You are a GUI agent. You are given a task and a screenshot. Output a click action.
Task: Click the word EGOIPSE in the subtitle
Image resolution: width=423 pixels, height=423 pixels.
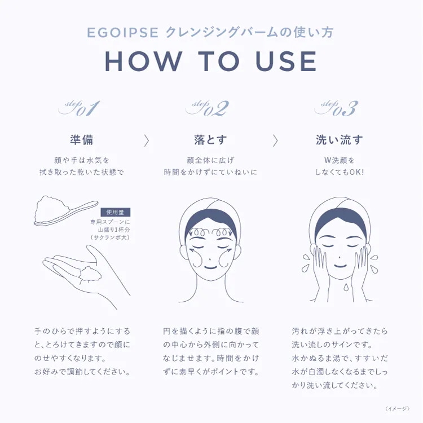pyautogui.click(x=122, y=33)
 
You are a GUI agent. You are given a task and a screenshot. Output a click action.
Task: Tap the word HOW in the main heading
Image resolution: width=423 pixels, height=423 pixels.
pyautogui.click(x=143, y=61)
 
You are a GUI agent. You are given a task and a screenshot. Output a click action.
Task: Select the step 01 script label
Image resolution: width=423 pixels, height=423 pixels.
pyautogui.click(x=79, y=108)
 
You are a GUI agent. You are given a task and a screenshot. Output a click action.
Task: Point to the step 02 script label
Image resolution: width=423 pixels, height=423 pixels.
pyautogui.click(x=207, y=108)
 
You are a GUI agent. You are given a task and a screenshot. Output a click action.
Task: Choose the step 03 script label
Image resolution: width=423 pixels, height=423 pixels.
pyautogui.click(x=336, y=108)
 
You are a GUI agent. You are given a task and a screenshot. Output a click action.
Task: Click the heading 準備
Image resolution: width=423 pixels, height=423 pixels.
pyautogui.click(x=81, y=140)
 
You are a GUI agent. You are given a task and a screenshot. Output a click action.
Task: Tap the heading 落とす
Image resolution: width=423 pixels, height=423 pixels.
pyautogui.click(x=210, y=140)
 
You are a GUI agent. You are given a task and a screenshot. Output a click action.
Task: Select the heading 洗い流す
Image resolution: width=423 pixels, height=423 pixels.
pyautogui.click(x=340, y=140)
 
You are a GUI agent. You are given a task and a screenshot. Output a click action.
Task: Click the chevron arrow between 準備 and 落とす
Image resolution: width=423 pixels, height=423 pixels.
pyautogui.click(x=147, y=140)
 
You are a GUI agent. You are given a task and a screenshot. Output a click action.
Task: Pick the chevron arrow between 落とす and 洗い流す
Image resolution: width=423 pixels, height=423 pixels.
pyautogui.click(x=275, y=140)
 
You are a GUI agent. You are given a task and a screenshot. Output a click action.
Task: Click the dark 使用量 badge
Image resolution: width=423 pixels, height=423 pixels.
pyautogui.click(x=115, y=212)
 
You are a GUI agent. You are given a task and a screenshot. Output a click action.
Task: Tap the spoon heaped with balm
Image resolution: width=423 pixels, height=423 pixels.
pyautogui.click(x=65, y=211)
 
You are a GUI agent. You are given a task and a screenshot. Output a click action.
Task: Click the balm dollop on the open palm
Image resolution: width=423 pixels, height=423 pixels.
pyautogui.click(x=90, y=274)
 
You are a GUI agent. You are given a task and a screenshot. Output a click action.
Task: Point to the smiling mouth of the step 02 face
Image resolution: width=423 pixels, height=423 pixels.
pyautogui.click(x=210, y=267)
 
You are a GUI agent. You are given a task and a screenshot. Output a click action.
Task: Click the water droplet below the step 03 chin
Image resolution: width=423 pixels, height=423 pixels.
pyautogui.click(x=346, y=287)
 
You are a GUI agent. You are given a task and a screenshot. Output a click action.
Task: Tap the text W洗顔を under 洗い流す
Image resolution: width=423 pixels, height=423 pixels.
pyautogui.click(x=339, y=160)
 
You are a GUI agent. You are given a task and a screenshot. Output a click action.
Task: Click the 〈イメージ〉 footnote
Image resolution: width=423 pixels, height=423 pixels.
pyautogui.click(x=398, y=409)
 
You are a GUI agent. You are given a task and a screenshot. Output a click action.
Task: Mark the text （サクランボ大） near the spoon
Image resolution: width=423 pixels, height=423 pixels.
pyautogui.click(x=110, y=237)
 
